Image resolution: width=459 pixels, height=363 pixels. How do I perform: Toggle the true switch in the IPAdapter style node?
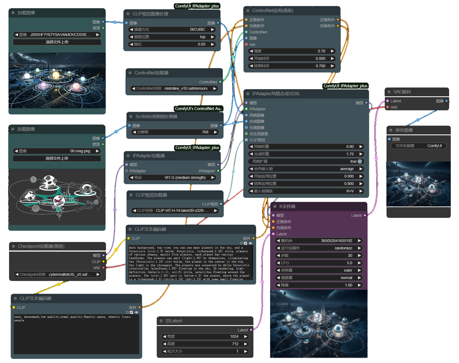coord(360,161)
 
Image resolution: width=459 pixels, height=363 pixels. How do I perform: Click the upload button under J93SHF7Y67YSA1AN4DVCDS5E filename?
coord(57,42)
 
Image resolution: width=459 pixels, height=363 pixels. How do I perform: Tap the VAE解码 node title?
coord(402,92)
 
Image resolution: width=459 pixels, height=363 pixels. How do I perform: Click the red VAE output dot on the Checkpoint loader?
coord(103,268)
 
